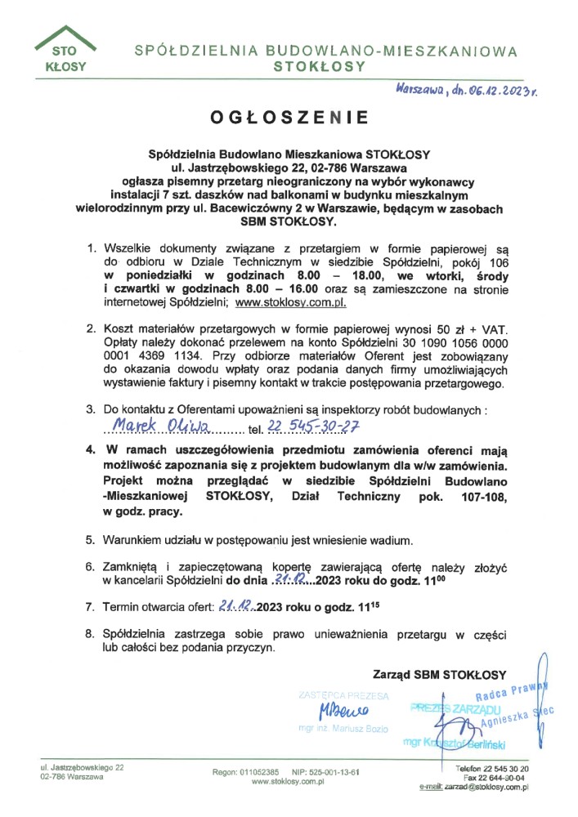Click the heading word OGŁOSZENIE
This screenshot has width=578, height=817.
289,118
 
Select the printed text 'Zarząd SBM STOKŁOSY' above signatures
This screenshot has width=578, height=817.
439,675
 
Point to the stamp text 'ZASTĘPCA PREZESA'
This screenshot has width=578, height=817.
343,695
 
